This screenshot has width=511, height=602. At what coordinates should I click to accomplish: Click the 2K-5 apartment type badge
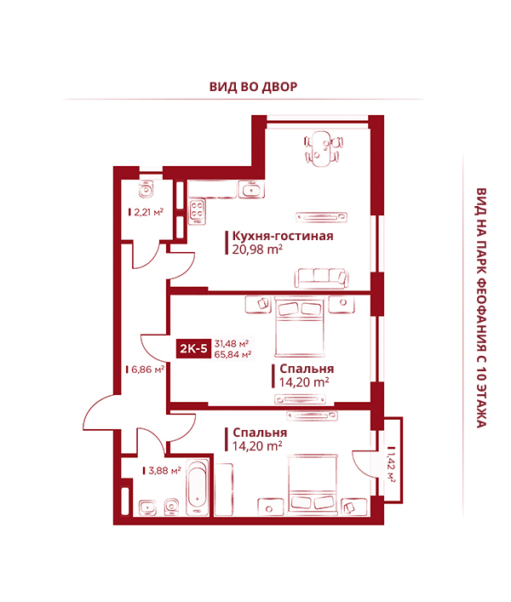[193, 348]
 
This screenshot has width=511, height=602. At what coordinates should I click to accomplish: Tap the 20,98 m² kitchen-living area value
[257, 249]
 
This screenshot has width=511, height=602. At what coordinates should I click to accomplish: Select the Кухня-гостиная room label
[283, 236]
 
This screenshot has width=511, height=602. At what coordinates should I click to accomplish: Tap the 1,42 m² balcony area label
[391, 464]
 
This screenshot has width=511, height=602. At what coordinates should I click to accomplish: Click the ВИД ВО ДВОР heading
[254, 87]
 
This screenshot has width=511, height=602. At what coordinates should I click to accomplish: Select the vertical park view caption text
[481, 308]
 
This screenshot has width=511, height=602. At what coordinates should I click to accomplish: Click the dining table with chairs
[324, 149]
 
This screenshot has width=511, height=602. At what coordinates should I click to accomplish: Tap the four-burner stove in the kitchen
[197, 211]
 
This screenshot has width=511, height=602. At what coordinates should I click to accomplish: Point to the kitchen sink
[251, 190]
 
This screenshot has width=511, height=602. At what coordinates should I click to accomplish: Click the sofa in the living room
[321, 278]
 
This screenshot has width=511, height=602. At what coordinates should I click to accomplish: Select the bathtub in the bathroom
[198, 487]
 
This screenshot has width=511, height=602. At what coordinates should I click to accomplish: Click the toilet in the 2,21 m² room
[146, 188]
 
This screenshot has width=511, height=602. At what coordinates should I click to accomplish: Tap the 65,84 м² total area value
[233, 354]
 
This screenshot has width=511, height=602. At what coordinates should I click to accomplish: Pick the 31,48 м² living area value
[232, 343]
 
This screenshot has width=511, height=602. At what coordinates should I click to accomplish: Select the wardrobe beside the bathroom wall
[223, 489]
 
